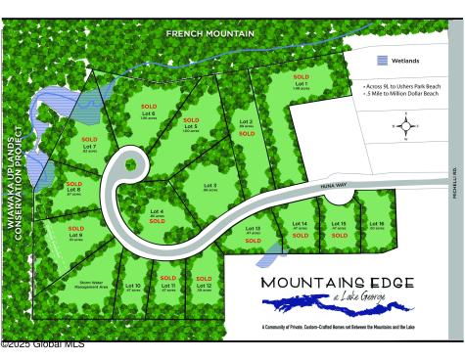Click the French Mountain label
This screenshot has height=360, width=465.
[209, 33]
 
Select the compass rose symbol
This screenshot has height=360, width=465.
[405, 125]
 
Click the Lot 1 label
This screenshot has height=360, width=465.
[301, 84]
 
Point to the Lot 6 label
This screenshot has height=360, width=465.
[149, 114]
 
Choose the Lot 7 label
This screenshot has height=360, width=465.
[89, 148]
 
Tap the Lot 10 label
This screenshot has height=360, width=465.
[134, 286]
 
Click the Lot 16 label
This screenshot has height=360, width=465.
[377, 224]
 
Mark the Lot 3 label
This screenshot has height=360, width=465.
[209, 185]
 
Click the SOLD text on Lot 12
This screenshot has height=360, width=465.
[204, 278]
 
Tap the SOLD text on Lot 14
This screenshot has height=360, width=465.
[300, 235]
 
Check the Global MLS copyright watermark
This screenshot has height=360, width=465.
[42, 343]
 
